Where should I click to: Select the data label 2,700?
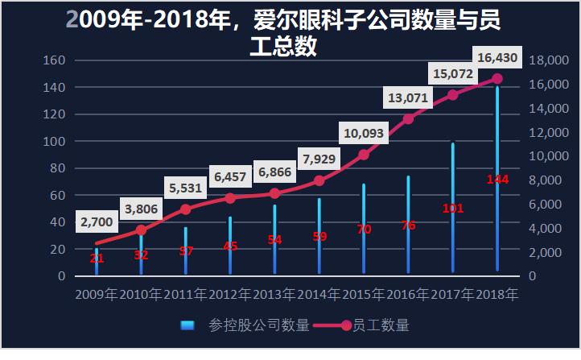point(97,218)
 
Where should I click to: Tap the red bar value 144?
point(497,179)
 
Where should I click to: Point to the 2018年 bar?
point(497,193)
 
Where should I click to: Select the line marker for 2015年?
point(364,155)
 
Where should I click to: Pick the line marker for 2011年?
point(185,209)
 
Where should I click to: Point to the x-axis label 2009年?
point(97,295)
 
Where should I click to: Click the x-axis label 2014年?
point(319,295)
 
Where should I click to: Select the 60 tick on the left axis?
point(56,195)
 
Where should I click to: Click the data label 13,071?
point(409,98)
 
